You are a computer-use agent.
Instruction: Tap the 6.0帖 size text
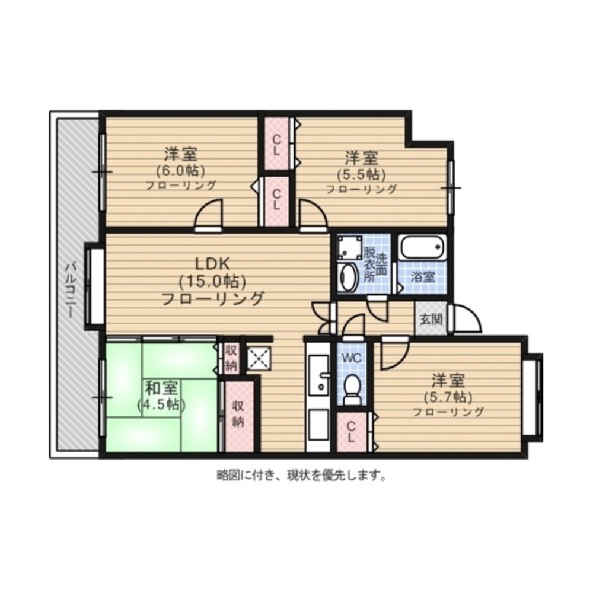pyautogui.click(x=181, y=171)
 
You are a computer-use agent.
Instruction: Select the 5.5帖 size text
pyautogui.click(x=361, y=174)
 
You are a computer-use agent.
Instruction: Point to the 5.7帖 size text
pyautogui.click(x=448, y=397)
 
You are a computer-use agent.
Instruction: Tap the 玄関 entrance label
pyautogui.click(x=431, y=320)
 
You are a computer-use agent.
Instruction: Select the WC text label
pyautogui.click(x=352, y=357)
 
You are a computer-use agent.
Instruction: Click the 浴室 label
pyautogui.click(x=422, y=277)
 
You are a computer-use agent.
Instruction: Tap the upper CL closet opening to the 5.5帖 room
pyautogui.click(x=277, y=144)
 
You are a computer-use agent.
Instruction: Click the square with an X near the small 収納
pyautogui.click(x=259, y=358)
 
